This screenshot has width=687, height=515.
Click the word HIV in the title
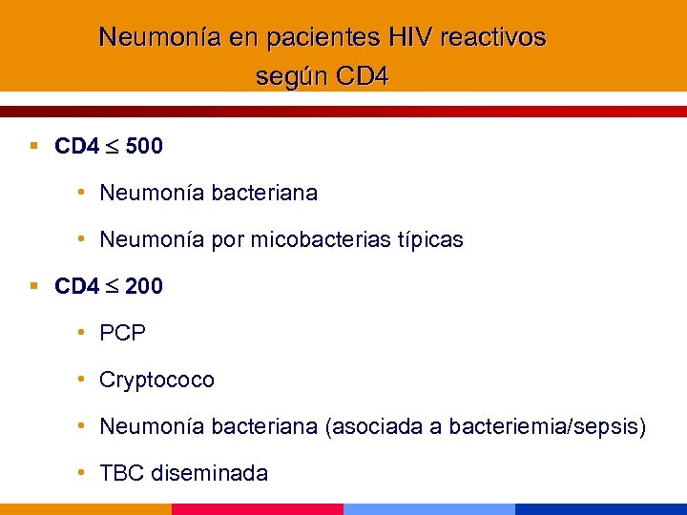[x=411, y=37]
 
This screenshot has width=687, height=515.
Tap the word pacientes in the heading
[x=324, y=37]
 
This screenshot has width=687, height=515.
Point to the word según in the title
[x=284, y=76]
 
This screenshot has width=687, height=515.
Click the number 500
[x=144, y=147]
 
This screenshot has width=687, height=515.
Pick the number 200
[x=144, y=286]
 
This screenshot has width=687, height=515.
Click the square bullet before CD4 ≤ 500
[x=33, y=147]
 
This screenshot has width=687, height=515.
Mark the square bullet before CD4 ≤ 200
[x=33, y=285]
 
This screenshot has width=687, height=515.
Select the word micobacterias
[x=322, y=239]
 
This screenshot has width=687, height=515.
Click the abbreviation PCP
[x=123, y=333]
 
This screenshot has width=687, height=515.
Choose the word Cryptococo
[x=157, y=380]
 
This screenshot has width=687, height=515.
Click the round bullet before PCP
[x=84, y=332]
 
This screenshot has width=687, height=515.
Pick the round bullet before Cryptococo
[x=84, y=379]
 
